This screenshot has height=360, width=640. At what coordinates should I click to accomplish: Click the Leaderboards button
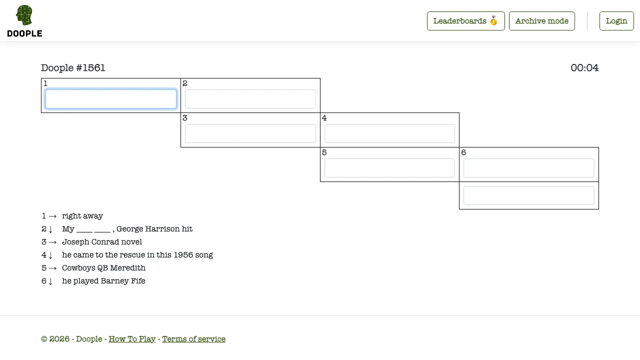pos(465,21)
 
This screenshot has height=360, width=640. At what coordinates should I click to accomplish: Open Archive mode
pos(541,21)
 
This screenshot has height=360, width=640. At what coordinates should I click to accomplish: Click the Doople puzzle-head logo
pos(24,15)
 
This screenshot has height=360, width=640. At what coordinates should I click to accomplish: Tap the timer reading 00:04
pos(584,67)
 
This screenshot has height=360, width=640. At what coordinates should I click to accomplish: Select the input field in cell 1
pos(111,99)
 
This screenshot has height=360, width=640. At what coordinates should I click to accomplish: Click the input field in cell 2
pos(250,99)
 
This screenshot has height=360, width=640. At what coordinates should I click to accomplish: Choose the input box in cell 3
pos(250,133)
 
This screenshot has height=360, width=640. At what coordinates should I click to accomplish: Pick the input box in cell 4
pos(389,133)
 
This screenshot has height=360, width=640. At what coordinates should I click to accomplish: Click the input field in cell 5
pos(389,168)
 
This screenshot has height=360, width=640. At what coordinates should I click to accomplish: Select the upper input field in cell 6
pos(529,168)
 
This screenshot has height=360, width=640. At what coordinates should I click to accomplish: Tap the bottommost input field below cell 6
pos(529,195)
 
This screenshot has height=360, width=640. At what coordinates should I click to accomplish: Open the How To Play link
pos(132,339)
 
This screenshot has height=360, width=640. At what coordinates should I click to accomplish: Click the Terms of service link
pos(193,339)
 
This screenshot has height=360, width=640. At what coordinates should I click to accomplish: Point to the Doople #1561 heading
pos(73,67)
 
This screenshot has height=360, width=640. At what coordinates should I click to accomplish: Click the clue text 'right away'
pos(82,216)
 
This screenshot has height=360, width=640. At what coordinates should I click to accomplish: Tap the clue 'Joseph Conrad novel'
pos(102,242)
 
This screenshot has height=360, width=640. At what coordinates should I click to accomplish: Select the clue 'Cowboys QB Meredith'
pos(103,268)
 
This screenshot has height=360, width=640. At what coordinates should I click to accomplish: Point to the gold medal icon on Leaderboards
pos(493,20)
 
